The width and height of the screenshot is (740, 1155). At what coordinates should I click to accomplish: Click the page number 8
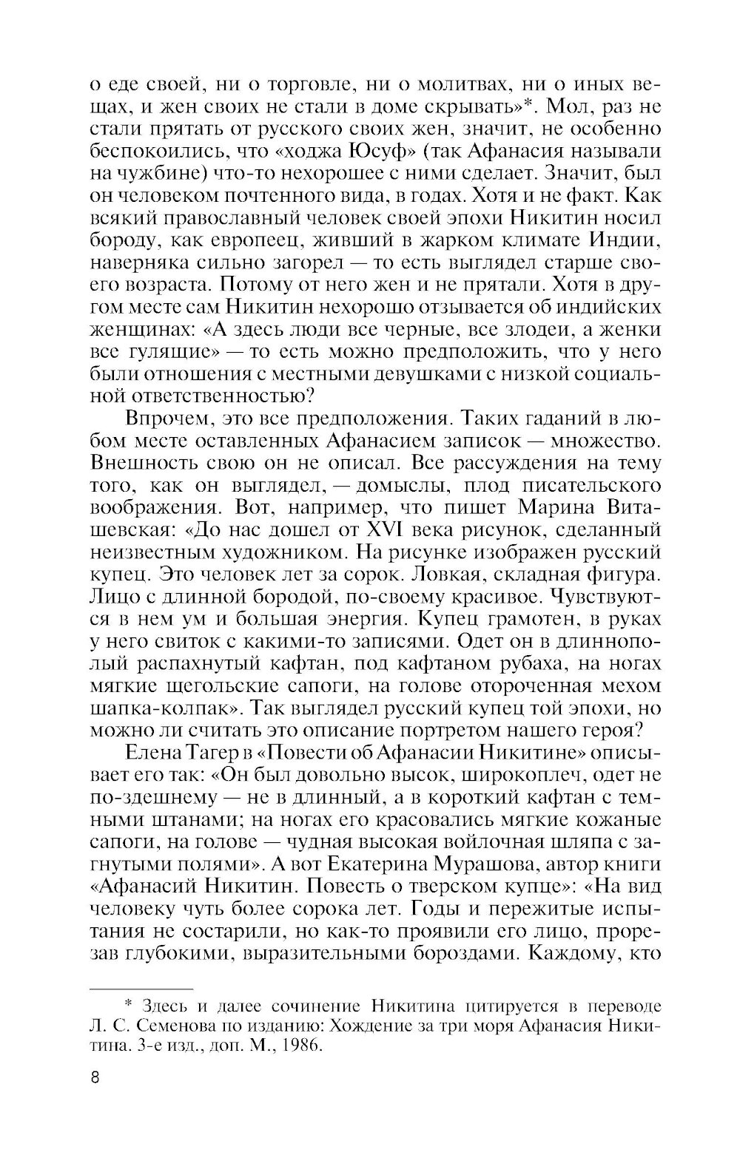point(94,1076)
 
